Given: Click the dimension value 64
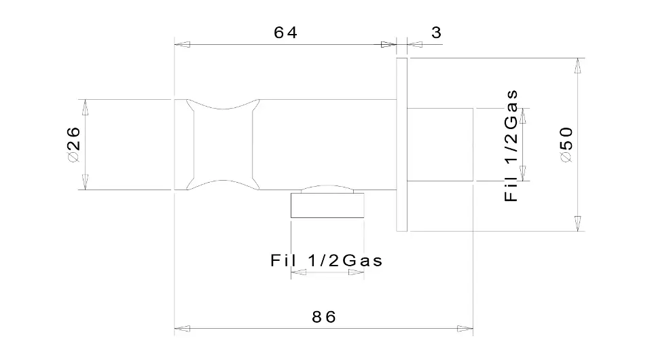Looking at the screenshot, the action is [x=285, y=33].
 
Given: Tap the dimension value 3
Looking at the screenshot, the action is [x=436, y=33].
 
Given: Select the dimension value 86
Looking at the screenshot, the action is [x=324, y=317].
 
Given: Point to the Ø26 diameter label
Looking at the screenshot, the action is [x=73, y=145].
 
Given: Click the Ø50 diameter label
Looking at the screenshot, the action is [x=566, y=145].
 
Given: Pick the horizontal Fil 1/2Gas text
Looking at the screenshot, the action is [x=327, y=261].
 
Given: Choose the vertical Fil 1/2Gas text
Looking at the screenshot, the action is [x=511, y=145].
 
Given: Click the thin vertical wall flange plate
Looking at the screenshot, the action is [x=401, y=144].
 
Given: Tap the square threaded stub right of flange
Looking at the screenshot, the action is [x=440, y=144].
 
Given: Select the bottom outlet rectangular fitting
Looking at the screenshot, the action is [x=327, y=205].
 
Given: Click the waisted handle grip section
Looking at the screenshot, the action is [x=223, y=145].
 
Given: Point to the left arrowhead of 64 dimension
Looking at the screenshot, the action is [x=182, y=44].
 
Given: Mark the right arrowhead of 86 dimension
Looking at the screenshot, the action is [x=465, y=329].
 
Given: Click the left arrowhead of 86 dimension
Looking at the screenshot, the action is [x=182, y=329].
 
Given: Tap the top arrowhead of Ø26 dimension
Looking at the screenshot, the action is [x=86, y=107].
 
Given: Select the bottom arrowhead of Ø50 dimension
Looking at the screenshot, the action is [x=577, y=223].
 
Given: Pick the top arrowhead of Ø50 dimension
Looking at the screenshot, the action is [x=577, y=66].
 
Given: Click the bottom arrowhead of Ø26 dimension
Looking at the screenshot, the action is [x=86, y=182].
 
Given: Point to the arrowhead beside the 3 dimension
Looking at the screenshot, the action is [x=415, y=44].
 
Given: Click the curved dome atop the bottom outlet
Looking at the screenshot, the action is [x=327, y=188].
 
